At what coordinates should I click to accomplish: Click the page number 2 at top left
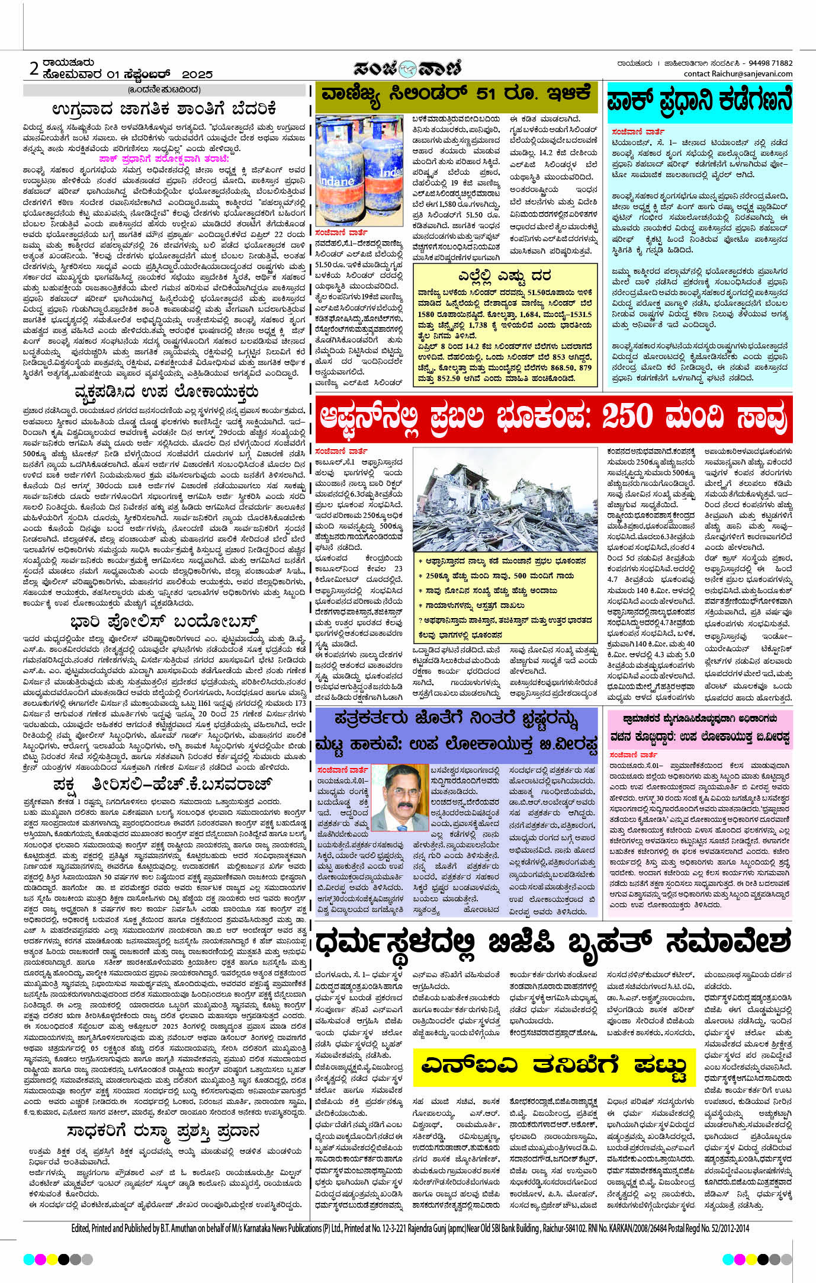[x=34, y=69]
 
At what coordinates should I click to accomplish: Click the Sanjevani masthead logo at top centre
[x=407, y=69]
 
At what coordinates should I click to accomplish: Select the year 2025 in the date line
[x=197, y=75]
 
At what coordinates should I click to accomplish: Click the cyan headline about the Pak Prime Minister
[x=699, y=102]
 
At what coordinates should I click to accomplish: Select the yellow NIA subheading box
[x=554, y=1065]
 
